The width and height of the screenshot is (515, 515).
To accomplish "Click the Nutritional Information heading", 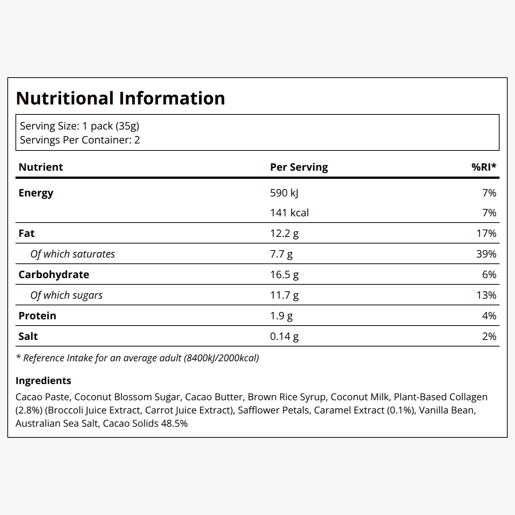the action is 120,98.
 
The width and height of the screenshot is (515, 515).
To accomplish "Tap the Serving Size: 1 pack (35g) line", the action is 80,126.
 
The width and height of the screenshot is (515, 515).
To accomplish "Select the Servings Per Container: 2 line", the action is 80,140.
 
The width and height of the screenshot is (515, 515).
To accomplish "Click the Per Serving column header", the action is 299,167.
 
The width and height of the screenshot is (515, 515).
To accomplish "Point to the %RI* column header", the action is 484,167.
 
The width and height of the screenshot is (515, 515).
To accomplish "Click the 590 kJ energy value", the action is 284,193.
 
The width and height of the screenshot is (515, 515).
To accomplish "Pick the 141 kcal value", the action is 290,213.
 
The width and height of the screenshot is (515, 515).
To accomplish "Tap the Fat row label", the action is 26,233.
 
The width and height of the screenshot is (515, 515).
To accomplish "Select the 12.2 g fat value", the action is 284,234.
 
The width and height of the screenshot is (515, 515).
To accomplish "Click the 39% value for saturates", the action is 486,254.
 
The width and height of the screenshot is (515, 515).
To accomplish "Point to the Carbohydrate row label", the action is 54,275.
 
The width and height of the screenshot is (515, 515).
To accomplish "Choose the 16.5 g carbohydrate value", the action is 284,275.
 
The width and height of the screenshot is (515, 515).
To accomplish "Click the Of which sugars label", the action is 67,295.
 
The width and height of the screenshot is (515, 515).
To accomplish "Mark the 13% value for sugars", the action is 486,295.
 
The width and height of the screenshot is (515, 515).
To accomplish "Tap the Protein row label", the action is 38,316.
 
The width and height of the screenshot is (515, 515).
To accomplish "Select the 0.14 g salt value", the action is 284,337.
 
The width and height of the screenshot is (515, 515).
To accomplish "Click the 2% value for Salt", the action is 489,336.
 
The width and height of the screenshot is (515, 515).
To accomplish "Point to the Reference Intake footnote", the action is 137,358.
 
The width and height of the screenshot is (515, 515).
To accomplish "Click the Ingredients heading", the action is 43,381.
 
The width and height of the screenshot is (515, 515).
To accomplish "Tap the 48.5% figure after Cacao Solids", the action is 174,423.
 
